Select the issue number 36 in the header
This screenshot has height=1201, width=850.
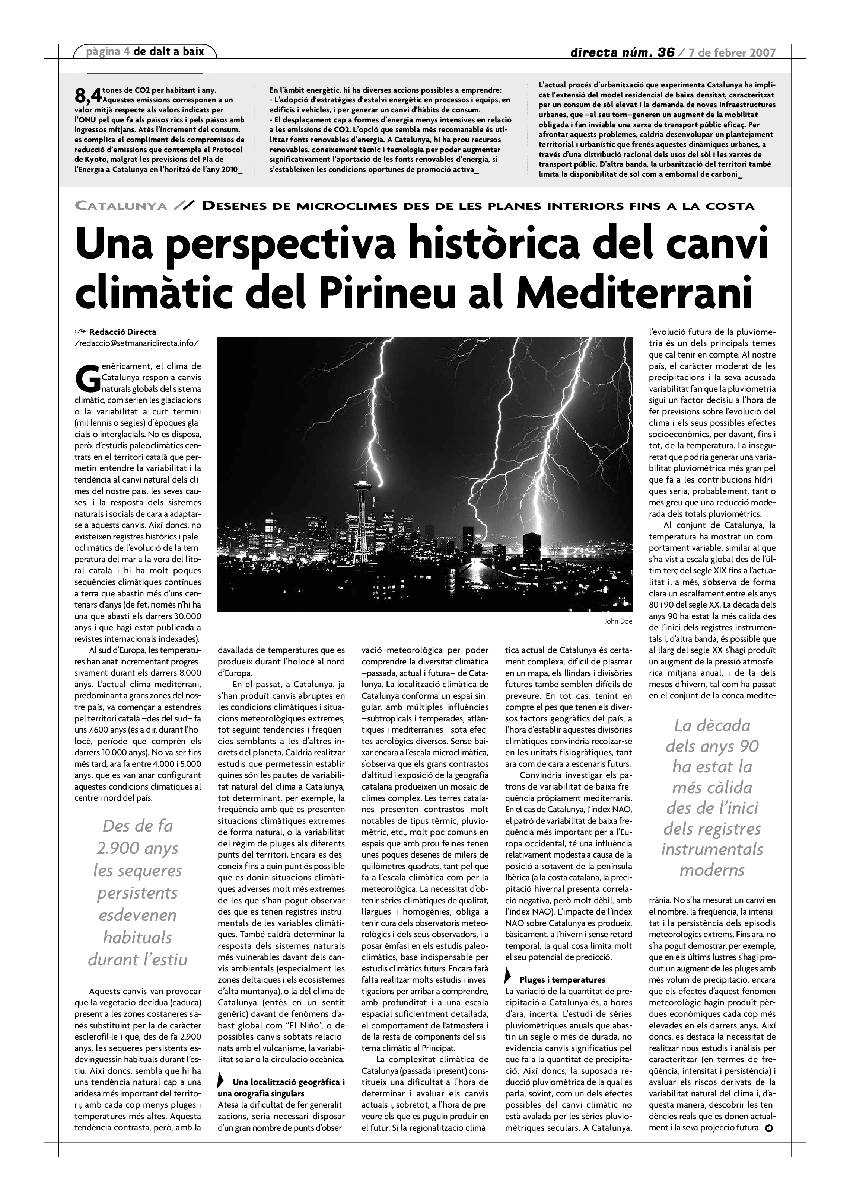pos(666,52)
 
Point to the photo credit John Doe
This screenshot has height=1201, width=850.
pos(618,621)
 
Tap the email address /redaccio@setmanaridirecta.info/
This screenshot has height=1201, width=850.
pos(137,343)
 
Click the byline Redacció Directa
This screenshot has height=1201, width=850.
pos(122,332)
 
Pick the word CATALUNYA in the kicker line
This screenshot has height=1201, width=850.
pos(121,206)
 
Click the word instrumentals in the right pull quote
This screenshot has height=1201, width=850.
pos(712,849)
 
